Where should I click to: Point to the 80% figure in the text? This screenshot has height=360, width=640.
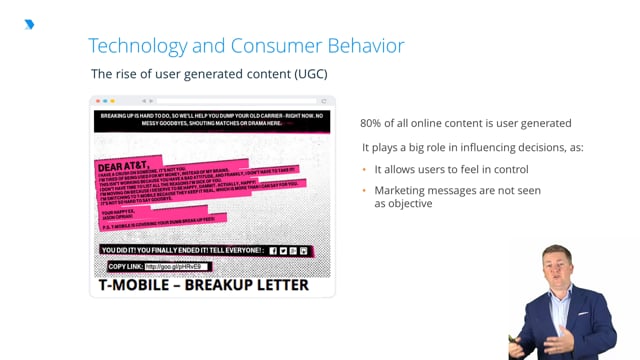coord(373,123)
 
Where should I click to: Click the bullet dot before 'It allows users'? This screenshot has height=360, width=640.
coord(365,169)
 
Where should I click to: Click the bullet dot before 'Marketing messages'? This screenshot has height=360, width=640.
coord(365,190)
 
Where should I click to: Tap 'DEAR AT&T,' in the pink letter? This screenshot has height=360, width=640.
coord(126,166)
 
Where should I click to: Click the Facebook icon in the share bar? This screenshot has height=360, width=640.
coord(273,250)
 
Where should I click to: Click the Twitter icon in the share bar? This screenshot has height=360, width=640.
coord(284,250)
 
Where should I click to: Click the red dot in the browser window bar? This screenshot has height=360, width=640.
coord(96,101)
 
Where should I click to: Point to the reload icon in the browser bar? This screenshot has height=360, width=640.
coord(323,101)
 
